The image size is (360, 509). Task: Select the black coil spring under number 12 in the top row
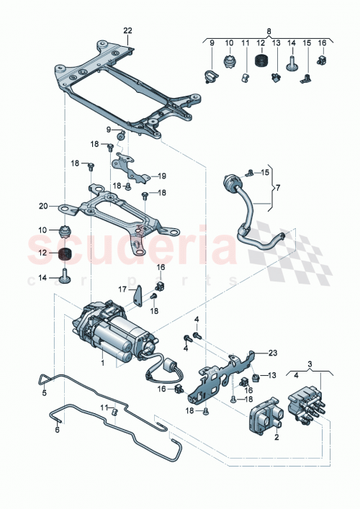(261, 63)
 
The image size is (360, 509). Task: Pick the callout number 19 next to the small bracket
(163, 176)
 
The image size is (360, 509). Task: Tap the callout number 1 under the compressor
(103, 363)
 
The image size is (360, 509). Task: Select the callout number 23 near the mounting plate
(273, 353)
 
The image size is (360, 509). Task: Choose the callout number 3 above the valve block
(311, 366)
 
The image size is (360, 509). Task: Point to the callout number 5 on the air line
(44, 393)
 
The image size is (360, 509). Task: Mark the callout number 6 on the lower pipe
(56, 429)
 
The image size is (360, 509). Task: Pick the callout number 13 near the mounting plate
(274, 377)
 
